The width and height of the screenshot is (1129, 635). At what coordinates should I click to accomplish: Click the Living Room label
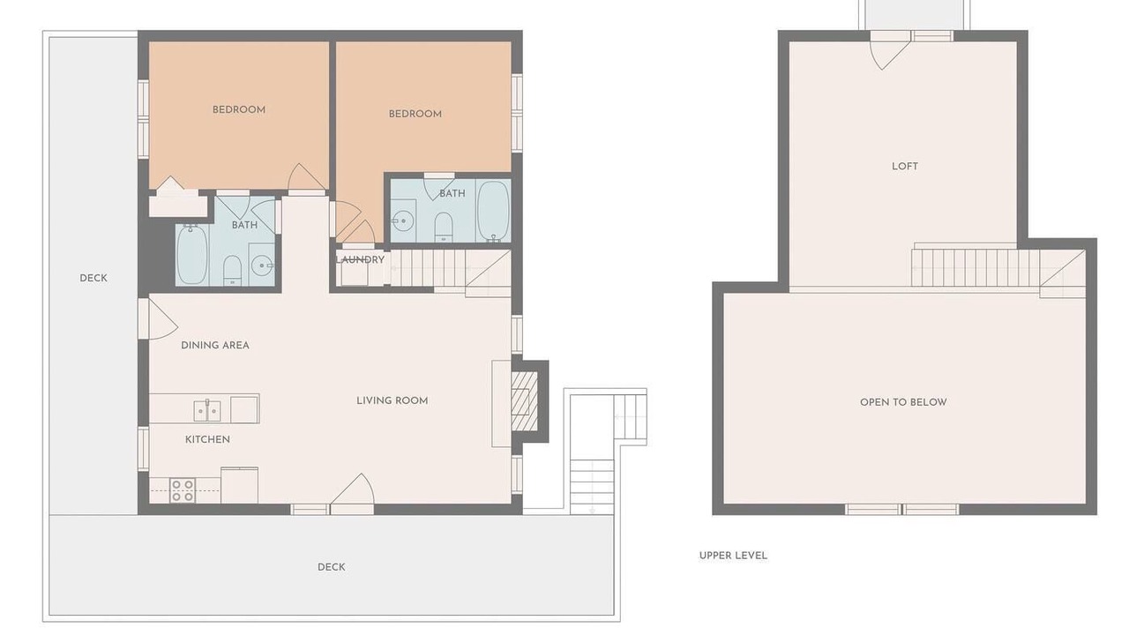click(393, 400)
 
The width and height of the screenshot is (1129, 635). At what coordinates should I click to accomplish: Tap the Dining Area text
click(215, 345)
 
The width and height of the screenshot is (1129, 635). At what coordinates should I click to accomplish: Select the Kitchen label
click(207, 439)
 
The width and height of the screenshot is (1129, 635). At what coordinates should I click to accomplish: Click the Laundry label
click(360, 259)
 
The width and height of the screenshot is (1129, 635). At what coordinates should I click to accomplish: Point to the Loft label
click(905, 167)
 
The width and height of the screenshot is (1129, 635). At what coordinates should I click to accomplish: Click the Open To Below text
click(903, 402)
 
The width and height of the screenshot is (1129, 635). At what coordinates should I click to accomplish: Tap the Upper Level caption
click(733, 556)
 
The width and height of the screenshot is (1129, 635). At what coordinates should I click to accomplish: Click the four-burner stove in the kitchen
click(183, 490)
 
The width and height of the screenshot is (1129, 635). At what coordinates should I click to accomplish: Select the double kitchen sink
click(207, 411)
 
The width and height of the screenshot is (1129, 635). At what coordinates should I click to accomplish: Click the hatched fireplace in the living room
click(524, 401)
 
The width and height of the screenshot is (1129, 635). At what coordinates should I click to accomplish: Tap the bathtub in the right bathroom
click(493, 211)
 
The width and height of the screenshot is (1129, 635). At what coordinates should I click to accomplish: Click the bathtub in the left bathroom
click(191, 254)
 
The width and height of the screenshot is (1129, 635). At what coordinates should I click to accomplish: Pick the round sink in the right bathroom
click(403, 220)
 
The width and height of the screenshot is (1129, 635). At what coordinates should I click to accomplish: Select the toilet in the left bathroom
click(232, 270)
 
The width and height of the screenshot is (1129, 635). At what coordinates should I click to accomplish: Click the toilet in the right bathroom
click(444, 227)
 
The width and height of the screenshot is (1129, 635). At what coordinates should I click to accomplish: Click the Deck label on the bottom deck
click(331, 567)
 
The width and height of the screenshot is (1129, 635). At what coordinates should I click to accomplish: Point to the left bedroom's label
click(239, 110)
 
